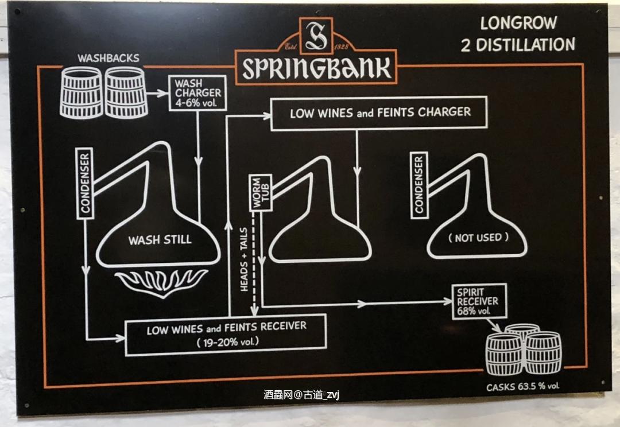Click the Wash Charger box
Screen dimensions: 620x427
(197, 94)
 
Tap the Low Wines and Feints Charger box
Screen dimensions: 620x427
(379, 113)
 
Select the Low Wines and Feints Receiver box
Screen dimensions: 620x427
(226, 335)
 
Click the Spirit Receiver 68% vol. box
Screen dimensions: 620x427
(479, 301)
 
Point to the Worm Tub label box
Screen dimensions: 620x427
(261, 192)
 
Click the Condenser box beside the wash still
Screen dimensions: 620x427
(84, 184)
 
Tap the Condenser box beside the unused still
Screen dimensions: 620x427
(419, 185)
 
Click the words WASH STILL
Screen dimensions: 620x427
(160, 239)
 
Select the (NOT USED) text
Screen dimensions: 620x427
(478, 238)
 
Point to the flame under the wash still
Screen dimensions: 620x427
(162, 283)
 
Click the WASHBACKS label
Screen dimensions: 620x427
(108, 59)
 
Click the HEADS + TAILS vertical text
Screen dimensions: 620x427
(243, 259)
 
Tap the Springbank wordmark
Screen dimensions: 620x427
(316, 68)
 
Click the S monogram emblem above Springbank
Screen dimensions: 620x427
(316, 36)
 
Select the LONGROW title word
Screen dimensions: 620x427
(518, 24)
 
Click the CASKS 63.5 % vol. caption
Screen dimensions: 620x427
(523, 387)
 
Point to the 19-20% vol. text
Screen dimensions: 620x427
(228, 342)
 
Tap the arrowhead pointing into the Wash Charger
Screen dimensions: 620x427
(163, 94)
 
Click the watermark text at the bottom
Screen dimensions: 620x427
(302, 395)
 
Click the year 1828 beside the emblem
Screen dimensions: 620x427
(342, 47)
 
